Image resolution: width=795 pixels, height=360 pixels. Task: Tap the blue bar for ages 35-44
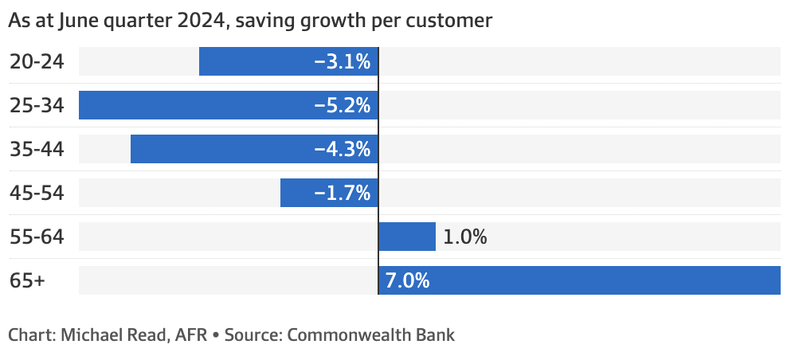(x=223, y=149)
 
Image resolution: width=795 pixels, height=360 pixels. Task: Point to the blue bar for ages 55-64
(x=407, y=237)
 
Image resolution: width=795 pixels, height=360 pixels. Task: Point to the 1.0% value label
(x=465, y=237)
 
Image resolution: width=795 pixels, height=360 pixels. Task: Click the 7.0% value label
(x=407, y=280)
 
